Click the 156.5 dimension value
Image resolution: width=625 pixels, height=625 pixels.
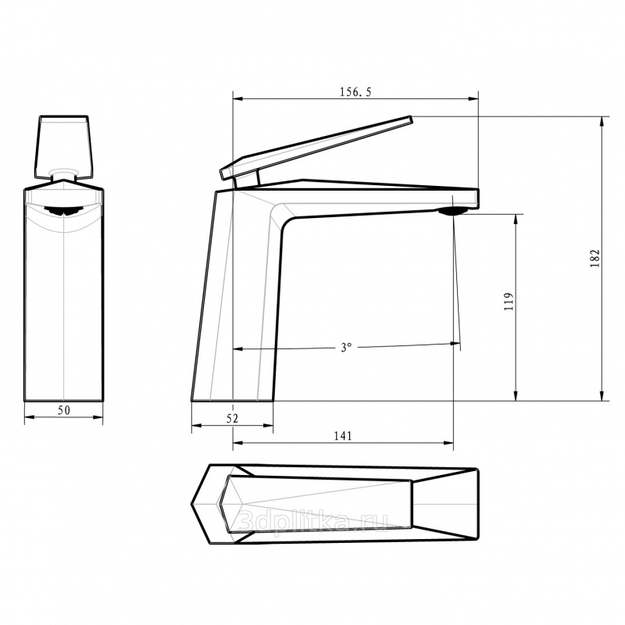[355, 92]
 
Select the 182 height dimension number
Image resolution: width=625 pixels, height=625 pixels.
[595, 259]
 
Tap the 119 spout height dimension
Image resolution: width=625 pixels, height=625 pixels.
[509, 302]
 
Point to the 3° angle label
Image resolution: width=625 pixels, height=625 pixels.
[346, 347]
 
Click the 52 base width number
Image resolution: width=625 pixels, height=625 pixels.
[232, 418]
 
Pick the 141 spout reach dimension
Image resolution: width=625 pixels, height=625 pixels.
[343, 436]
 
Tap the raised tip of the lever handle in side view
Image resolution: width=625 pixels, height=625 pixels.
[411, 117]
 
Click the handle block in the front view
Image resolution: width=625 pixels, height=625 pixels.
[64, 147]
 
